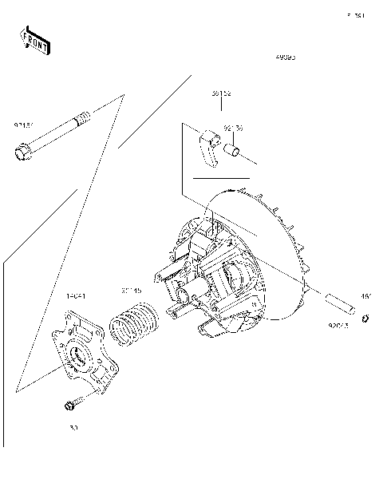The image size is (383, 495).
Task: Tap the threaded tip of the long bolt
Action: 83,120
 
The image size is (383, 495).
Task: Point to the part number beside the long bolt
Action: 23,125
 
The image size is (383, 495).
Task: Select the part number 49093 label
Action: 286,58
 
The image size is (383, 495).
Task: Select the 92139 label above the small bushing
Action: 234,127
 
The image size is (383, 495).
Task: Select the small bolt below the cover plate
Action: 70,406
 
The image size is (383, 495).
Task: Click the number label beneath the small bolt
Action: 74,428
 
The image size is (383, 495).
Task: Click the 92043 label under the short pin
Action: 339,326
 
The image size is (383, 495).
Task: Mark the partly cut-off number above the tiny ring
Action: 366,297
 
